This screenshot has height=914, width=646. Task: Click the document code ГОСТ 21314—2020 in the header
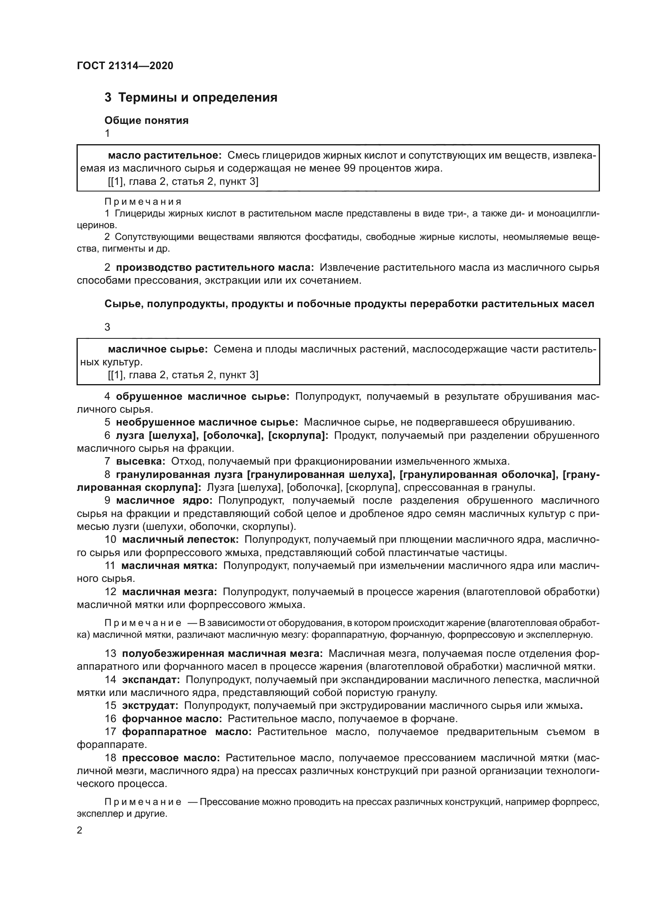(125, 66)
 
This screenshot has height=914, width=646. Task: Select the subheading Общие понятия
(146, 121)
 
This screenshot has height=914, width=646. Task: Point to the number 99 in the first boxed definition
(350, 168)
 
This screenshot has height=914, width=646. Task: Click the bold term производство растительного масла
(215, 268)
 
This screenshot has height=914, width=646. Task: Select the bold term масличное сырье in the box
(158, 349)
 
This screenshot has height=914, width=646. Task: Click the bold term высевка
(141, 461)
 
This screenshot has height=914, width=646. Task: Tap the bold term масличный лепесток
(180, 539)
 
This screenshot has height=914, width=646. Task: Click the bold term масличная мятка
(170, 566)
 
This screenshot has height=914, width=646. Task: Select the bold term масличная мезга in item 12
(170, 592)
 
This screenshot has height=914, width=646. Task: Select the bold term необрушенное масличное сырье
(207, 422)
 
